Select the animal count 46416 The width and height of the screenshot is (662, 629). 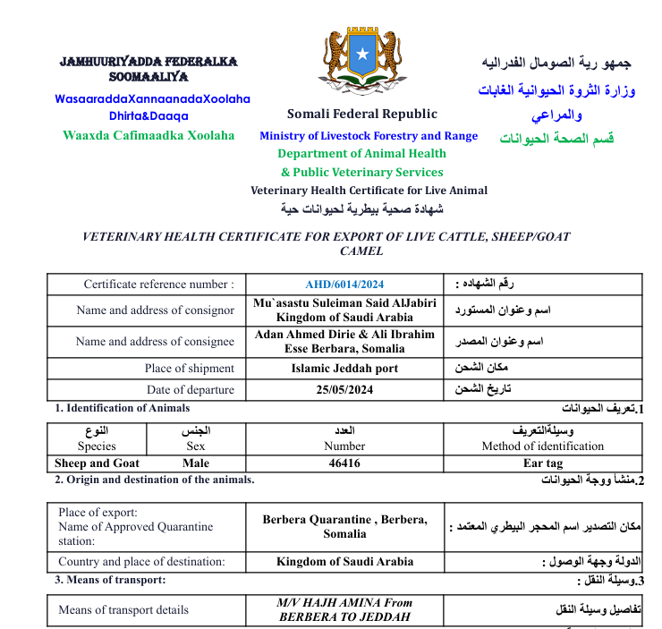[x=344, y=463]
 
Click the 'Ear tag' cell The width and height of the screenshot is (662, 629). [x=542, y=463]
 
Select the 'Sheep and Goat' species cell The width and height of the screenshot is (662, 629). [x=97, y=463]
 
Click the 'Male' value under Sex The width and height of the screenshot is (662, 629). [x=195, y=463]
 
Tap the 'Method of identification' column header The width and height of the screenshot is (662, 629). [x=542, y=446]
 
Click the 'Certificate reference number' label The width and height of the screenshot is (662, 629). [x=159, y=285]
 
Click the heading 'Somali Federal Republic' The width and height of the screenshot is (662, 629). [x=362, y=114]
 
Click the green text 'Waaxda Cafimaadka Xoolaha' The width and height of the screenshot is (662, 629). [x=149, y=135]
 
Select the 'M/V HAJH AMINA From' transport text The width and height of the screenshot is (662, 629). [x=344, y=603]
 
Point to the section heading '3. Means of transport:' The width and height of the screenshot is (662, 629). [x=110, y=580]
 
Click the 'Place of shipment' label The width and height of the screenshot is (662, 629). [x=189, y=368]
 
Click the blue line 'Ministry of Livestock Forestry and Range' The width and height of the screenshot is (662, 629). [x=369, y=136]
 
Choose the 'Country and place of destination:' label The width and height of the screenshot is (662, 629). [x=141, y=562]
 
